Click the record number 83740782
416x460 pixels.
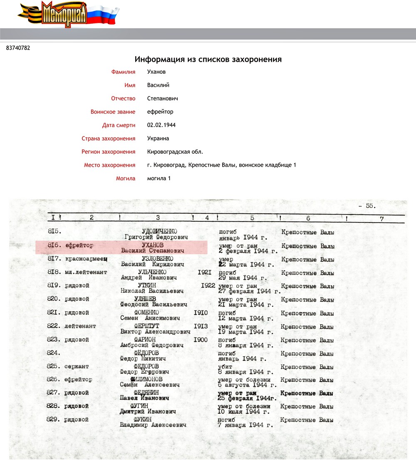[18, 48]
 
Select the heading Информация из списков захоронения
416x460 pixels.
[208, 60]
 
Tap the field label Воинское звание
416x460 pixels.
[113, 112]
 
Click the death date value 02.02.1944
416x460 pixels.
[161, 125]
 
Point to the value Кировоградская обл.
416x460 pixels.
[175, 152]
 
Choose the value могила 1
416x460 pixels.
[159, 178]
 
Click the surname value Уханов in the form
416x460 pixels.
[156, 72]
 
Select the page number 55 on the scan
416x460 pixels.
[369, 205]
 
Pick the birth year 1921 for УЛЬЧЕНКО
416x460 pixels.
[206, 272]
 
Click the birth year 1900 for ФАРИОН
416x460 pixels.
[201, 340]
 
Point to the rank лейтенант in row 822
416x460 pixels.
[80, 326]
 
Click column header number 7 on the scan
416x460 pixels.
[381, 218]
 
